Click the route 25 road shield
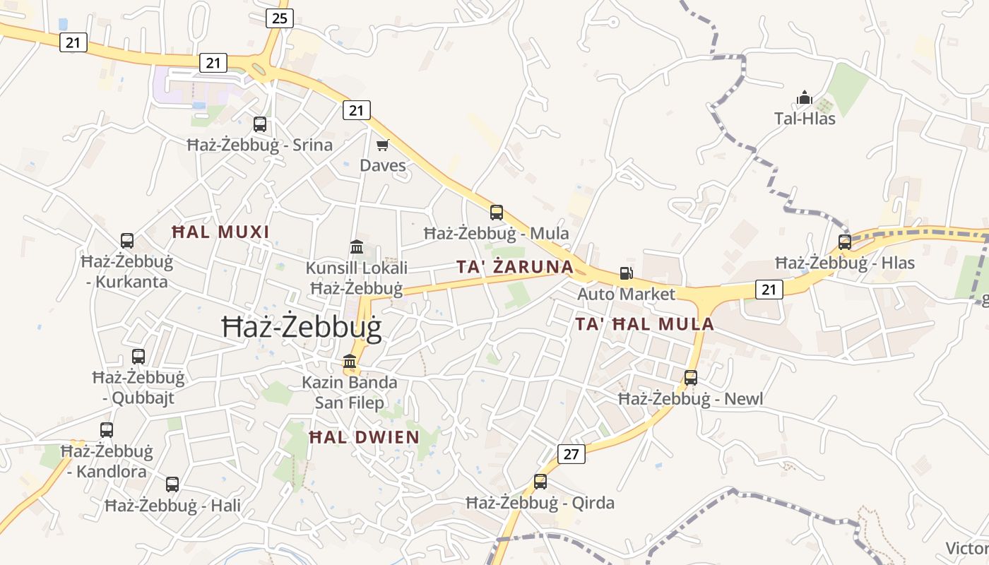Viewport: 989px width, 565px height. coord(280,18)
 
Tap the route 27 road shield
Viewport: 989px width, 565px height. coord(572,454)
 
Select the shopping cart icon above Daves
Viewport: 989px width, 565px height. coord(383,145)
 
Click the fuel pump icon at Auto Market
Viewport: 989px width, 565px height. coord(626,273)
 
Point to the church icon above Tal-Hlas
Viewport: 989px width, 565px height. coord(804,97)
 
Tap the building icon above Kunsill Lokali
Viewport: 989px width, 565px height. coord(357,247)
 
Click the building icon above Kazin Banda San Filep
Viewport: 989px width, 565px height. coord(350,362)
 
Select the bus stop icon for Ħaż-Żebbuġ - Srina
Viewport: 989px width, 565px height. coord(260,124)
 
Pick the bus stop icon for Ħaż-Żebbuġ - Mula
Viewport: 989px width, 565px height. coord(497,212)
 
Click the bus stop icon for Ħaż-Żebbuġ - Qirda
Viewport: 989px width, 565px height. coord(540,482)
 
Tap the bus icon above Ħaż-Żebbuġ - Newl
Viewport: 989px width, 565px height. coord(691,377)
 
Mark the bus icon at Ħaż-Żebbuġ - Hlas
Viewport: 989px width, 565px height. coord(845,242)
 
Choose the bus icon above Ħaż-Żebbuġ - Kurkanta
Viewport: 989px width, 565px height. coord(127,241)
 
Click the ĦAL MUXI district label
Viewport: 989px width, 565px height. coord(221,232)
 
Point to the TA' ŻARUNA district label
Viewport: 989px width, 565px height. coord(514,267)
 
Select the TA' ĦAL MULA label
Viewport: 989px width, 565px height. coord(644,324)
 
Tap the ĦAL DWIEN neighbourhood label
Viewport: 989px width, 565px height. coord(365,437)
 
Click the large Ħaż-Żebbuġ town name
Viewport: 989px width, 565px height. coord(302,328)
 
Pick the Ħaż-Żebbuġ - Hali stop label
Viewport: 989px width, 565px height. coord(172,506)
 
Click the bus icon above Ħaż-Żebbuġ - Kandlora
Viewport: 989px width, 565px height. coord(107,429)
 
